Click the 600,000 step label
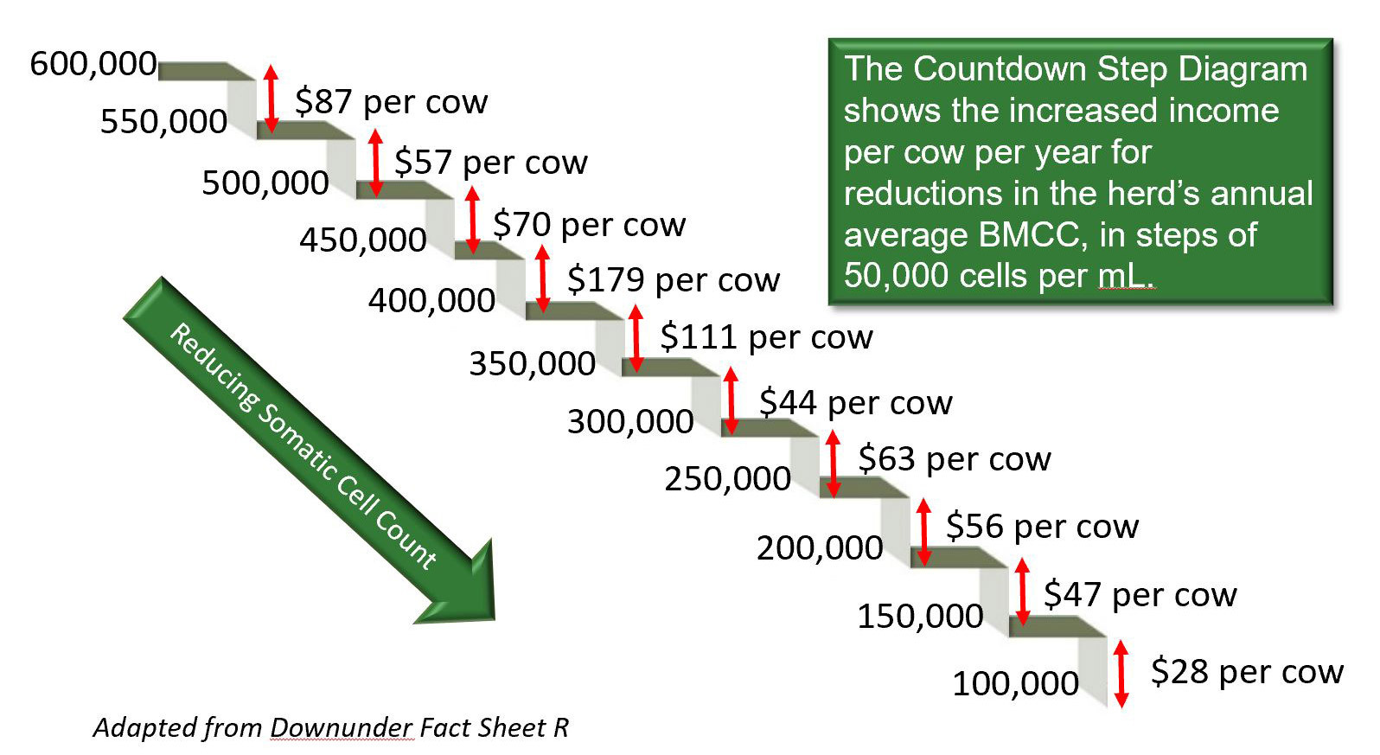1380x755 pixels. (93, 64)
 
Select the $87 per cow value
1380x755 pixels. (391, 102)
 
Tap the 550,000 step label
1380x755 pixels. (164, 121)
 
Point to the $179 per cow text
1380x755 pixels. (674, 280)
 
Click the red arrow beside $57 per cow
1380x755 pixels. (376, 163)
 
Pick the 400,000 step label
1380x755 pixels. (431, 301)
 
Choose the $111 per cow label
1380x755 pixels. (766, 337)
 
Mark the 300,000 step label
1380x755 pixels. (631, 422)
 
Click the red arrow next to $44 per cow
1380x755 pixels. (731, 400)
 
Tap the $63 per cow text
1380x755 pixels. (955, 459)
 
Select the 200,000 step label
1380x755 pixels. (820, 548)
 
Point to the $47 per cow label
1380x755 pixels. (1140, 595)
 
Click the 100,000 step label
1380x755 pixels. (1016, 683)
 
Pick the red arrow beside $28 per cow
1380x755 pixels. (1121, 674)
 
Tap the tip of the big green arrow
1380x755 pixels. (494, 619)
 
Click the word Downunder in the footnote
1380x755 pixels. (342, 728)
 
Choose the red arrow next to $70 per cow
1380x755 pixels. (472, 220)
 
